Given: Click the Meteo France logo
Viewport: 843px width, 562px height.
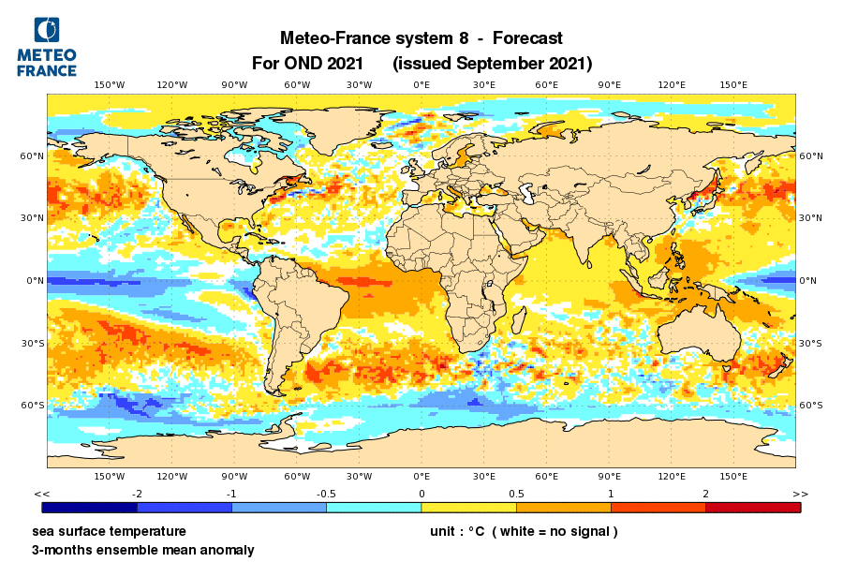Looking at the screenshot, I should [47, 47].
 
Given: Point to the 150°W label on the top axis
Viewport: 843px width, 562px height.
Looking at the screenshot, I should [110, 85].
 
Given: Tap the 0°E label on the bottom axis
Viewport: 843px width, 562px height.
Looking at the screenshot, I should [421, 477].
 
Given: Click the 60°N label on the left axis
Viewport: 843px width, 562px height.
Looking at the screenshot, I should [34, 155].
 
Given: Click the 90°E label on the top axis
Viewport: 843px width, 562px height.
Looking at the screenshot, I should [609, 85].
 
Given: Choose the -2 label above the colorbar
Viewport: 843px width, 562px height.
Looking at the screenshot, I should [137, 494].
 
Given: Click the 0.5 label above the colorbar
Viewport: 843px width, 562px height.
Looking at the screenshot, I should [516, 494].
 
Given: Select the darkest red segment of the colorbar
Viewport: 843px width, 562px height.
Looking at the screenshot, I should [753, 507].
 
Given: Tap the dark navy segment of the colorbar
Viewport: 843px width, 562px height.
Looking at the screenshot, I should [90, 507].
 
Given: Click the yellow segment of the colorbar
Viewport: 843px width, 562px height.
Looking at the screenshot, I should [468, 507].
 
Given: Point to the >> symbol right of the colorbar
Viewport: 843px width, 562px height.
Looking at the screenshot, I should [800, 494].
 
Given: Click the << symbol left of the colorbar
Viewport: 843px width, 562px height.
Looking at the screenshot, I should [41, 494].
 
